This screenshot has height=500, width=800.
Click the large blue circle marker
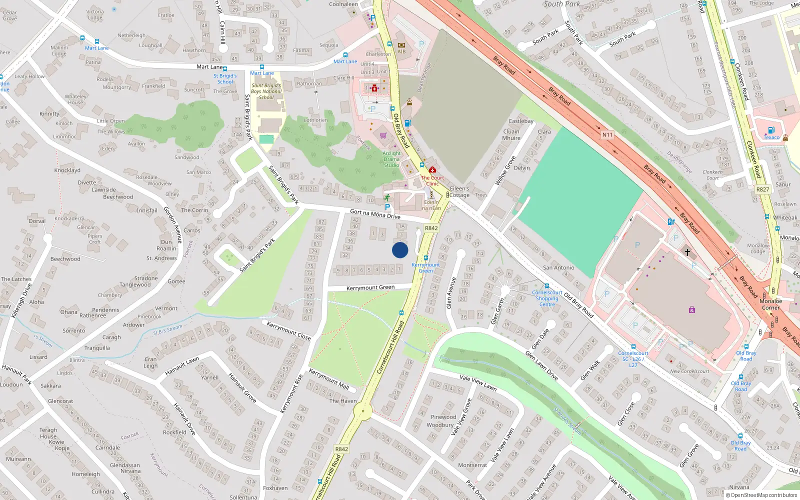(400, 250)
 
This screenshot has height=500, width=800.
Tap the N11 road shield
(607, 134)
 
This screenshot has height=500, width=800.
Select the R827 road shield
(762, 189)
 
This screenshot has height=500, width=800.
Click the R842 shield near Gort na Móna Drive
(431, 228)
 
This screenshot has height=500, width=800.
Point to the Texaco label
(771, 137)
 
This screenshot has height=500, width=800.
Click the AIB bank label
(401, 51)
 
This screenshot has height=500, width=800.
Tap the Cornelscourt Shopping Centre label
(547, 298)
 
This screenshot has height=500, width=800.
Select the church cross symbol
(687, 252)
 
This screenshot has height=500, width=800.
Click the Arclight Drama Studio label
(391, 159)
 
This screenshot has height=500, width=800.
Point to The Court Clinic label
(432, 180)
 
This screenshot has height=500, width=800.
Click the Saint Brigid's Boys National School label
(266, 91)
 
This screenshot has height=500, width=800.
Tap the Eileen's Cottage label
(459, 192)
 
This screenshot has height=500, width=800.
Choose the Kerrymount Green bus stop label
(425, 268)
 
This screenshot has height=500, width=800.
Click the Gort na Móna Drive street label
(375, 214)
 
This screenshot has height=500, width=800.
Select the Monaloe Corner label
(770, 304)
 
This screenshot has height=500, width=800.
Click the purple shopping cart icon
(383, 135)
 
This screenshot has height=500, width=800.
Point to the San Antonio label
(558, 267)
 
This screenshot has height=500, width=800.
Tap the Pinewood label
(443, 417)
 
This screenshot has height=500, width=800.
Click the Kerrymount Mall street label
(328, 379)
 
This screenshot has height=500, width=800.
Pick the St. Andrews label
(161, 258)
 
